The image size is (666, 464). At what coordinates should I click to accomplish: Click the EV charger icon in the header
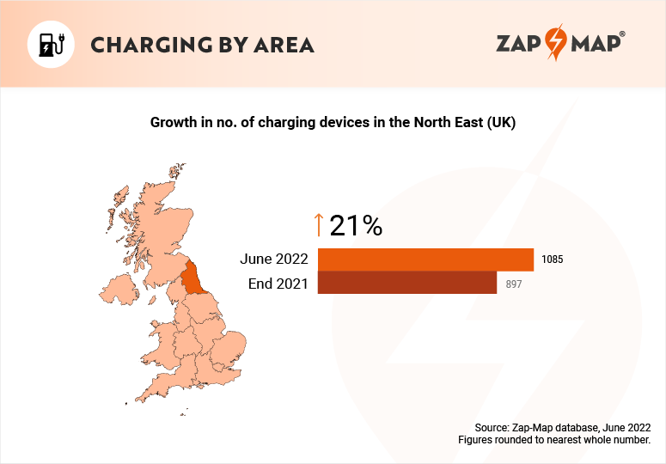52,44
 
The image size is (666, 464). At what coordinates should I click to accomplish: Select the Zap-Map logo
559,44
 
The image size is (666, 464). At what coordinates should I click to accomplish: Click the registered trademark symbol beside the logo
622,34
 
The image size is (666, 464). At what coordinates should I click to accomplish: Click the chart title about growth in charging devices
333,123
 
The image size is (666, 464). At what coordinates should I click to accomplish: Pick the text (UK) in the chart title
500,123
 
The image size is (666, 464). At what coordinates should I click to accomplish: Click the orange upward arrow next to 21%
319,225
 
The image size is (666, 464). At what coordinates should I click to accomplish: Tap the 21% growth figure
356,225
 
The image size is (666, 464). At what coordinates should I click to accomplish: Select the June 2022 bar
425,259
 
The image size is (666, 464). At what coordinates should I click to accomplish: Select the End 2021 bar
406,283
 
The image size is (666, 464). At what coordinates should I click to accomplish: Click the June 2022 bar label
274,259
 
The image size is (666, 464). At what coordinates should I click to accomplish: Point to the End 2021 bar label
278,283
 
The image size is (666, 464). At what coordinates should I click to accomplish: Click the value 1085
552,259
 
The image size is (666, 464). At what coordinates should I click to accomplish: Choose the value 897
514,283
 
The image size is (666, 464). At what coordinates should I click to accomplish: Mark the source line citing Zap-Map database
562,427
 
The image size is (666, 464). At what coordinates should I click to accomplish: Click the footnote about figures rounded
554,440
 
